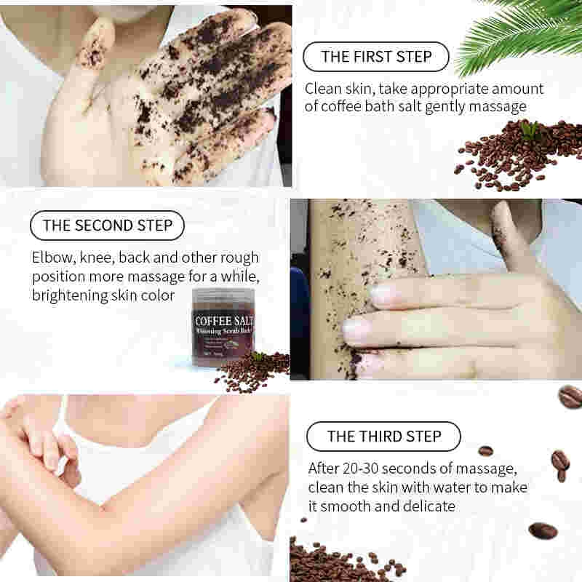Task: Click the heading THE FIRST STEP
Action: point(375,57)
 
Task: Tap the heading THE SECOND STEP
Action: point(107,226)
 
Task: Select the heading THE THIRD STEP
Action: point(383,436)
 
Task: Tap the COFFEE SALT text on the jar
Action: point(223,321)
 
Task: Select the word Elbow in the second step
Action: point(50,258)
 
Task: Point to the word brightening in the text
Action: point(70,295)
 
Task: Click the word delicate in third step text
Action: point(428,506)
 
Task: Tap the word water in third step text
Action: point(467,487)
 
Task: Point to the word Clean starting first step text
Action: point(323,89)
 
